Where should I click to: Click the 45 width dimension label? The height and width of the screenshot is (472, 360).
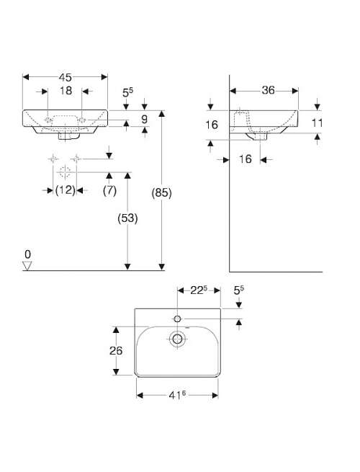[66, 77]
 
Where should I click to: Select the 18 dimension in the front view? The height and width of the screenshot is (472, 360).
[66, 91]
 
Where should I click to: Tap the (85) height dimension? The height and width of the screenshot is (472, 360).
[161, 192]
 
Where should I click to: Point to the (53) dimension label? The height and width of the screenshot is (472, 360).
[127, 218]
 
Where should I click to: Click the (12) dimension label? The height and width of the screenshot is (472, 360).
[65, 190]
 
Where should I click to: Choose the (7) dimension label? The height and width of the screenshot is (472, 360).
[109, 190]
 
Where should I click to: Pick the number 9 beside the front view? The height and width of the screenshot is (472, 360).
[145, 119]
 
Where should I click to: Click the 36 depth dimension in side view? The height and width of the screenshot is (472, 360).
[268, 90]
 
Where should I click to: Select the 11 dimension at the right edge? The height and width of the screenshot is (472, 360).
[318, 123]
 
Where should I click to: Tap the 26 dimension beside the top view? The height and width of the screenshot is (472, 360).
[116, 350]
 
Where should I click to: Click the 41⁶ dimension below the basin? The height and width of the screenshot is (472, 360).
[177, 395]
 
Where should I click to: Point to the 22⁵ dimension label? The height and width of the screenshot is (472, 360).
[199, 290]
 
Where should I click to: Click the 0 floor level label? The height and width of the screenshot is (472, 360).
[27, 254]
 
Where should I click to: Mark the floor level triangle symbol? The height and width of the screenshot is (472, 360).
[27, 266]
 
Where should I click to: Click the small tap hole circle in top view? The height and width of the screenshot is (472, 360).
[177, 319]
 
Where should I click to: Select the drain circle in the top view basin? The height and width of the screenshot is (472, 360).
[177, 339]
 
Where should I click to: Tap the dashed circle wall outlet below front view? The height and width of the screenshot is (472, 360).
[65, 172]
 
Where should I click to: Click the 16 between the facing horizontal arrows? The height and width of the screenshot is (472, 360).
[245, 159]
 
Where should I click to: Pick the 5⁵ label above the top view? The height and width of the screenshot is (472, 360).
[239, 290]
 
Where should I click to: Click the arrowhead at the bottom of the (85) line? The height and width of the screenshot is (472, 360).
[162, 267]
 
